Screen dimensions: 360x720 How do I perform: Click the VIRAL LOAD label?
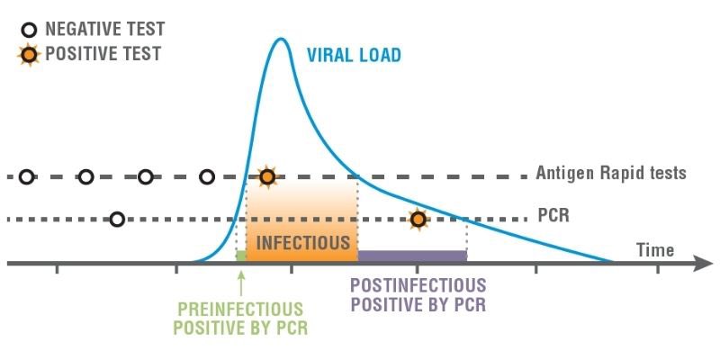coord(354,55)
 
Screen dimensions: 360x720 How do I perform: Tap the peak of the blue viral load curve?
coord(282,39)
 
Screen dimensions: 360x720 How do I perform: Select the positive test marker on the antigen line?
coord(265,176)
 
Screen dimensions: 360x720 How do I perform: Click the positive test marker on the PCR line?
coord(417,219)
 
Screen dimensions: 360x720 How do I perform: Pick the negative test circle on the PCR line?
coord(116,219)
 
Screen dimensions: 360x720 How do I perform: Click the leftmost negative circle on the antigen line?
coord(26,176)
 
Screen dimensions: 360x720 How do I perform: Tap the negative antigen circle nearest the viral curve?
coord(206,176)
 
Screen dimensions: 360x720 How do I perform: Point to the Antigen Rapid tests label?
coord(611,173)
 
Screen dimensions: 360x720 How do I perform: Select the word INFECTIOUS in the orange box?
coord(302,243)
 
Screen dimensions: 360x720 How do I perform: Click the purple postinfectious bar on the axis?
coord(412,256)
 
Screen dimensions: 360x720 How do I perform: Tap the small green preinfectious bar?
coord(240,257)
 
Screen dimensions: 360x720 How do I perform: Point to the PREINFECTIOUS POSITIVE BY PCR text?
coord(240,318)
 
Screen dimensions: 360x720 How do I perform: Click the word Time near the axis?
coord(655,249)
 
